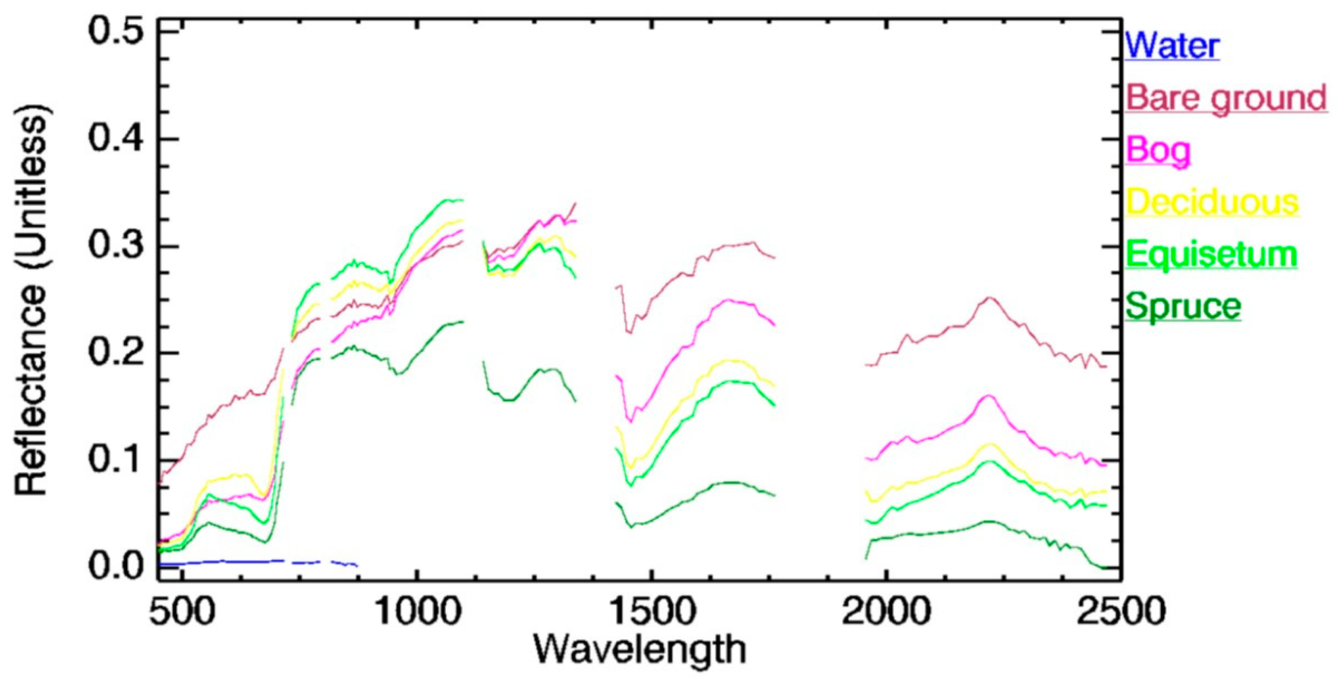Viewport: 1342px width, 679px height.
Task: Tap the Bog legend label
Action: pyautogui.click(x=1158, y=150)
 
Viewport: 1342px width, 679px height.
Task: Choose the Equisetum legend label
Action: pyautogui.click(x=1211, y=254)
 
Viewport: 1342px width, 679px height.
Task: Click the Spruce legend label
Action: pyautogui.click(x=1183, y=306)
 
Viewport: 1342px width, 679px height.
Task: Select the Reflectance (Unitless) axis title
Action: pyautogui.click(x=32, y=300)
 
